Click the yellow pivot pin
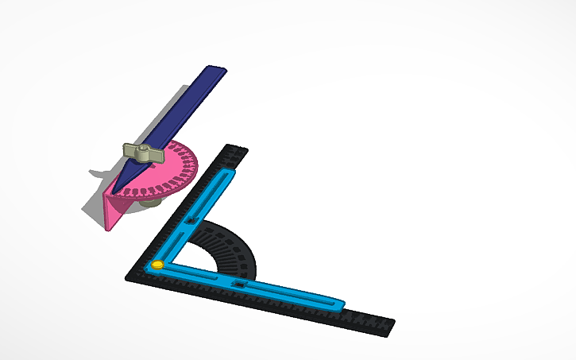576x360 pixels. (157, 265)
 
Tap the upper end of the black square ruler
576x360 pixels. (236, 149)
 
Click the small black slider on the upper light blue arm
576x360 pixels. (191, 219)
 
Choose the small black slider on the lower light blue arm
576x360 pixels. (239, 283)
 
